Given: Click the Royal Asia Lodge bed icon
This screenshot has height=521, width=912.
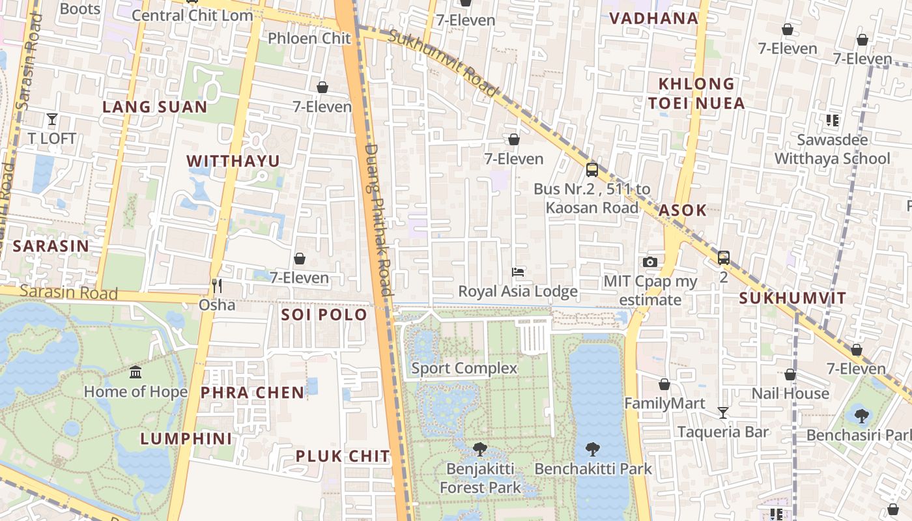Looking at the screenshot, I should (x=519, y=272).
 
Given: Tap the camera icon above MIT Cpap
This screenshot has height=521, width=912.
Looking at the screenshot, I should (x=649, y=262).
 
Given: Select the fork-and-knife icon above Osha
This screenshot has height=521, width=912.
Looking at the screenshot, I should (x=217, y=285).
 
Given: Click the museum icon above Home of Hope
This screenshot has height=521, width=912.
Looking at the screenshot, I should (x=135, y=373).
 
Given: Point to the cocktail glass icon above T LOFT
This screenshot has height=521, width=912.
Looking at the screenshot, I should (x=52, y=119).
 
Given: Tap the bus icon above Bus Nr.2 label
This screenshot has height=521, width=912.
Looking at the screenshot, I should (x=591, y=170).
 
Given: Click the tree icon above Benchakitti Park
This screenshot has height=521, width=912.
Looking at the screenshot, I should (x=592, y=449).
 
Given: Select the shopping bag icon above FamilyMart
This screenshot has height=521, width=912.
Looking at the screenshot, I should (x=664, y=384).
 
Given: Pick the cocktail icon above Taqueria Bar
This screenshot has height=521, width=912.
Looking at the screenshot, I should (x=722, y=412).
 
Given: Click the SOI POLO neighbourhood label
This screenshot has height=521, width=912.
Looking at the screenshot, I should (x=324, y=315).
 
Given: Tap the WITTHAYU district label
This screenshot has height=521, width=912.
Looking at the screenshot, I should (x=233, y=161).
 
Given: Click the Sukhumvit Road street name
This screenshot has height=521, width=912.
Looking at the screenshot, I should (x=443, y=63).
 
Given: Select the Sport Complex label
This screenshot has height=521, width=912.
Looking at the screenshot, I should (x=464, y=368).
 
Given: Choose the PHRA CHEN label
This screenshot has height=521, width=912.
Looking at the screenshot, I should (x=252, y=392).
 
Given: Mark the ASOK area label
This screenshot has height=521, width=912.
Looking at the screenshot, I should (x=682, y=210).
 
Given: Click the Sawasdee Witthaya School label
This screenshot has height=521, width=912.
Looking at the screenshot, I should (x=832, y=149).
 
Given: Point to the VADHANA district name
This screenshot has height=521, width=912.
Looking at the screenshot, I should (x=653, y=18).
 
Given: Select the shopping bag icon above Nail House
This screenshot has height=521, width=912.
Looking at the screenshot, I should (x=790, y=374).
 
